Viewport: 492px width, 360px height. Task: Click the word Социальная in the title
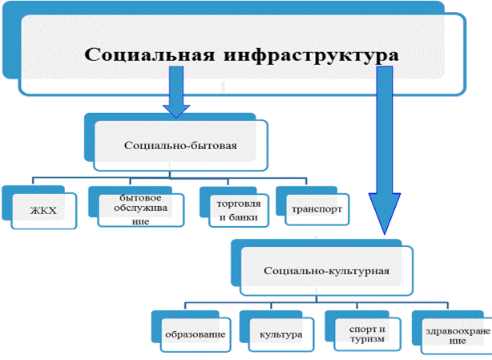pyautogui.click(x=150, y=55)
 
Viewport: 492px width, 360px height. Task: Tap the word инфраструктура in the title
pyautogui.click(x=311, y=56)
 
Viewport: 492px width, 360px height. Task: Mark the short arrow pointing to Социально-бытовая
pyautogui.click(x=176, y=91)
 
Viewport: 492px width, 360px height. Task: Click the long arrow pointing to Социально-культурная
pyautogui.click(x=385, y=150)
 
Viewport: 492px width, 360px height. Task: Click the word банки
pyautogui.click(x=244, y=217)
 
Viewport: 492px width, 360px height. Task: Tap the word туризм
pyautogui.click(x=367, y=339)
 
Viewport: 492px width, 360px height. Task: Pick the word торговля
pyautogui.click(x=239, y=204)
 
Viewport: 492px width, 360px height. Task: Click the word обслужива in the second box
pyautogui.click(x=140, y=208)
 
